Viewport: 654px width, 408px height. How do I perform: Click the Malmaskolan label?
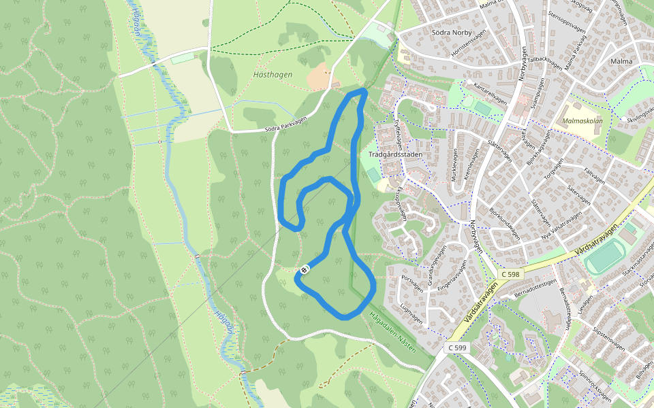[583, 121]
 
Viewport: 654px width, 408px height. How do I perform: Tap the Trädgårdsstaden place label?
[395, 154]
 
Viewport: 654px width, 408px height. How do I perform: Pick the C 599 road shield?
[458, 347]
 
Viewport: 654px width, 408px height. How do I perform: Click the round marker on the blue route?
[304, 270]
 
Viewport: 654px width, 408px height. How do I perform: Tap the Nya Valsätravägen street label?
[562, 227]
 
